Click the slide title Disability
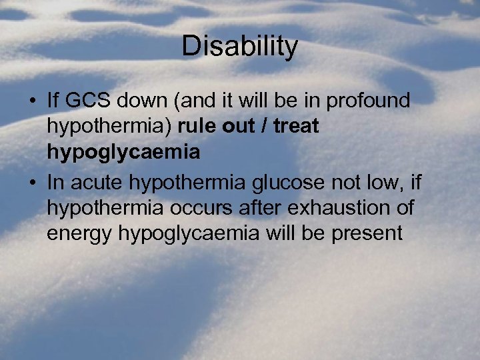(239, 47)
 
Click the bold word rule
(197, 127)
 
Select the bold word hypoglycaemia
(123, 153)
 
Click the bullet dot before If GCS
(32, 102)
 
